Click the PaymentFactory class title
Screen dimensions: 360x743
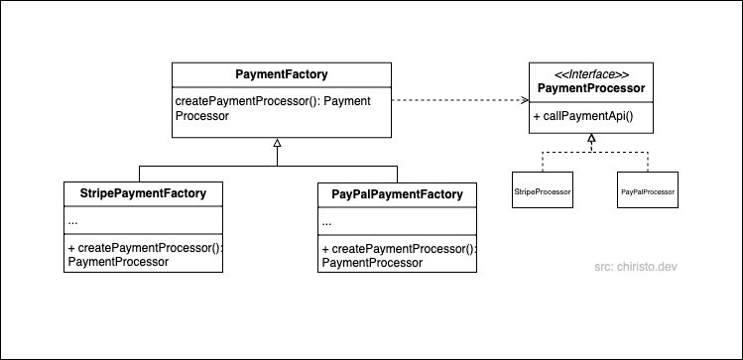[282, 74]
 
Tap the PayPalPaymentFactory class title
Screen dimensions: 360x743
[397, 193]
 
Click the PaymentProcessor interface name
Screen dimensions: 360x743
[591, 89]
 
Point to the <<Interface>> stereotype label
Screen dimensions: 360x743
[591, 74]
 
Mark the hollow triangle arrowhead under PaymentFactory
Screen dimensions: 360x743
[278, 145]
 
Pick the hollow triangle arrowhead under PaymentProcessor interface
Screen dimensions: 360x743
[591, 139]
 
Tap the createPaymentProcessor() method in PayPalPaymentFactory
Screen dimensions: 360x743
[398, 255]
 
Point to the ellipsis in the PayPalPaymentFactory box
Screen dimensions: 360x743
[327, 222]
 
